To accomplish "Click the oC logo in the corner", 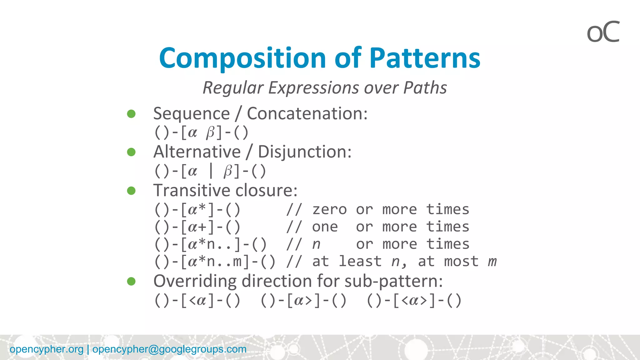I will (603, 32).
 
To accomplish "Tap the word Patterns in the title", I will (425, 58).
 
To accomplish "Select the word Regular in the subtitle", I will (233, 88).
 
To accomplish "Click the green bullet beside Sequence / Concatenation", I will (131, 114).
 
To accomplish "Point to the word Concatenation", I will (307, 113).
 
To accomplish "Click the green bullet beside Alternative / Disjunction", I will (131, 152).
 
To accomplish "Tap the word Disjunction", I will (304, 152).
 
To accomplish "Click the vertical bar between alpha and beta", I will (211, 171).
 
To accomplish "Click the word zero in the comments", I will (329, 209).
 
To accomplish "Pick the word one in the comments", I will (325, 227).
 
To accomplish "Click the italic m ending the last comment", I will (492, 262).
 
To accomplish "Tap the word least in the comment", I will (360, 261).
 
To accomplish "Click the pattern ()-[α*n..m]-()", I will (215, 262).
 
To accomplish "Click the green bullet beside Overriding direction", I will (131, 281).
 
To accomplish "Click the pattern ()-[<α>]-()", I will (414, 301).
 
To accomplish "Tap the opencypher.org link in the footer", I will (47, 349).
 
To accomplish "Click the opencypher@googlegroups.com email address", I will (169, 349).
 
